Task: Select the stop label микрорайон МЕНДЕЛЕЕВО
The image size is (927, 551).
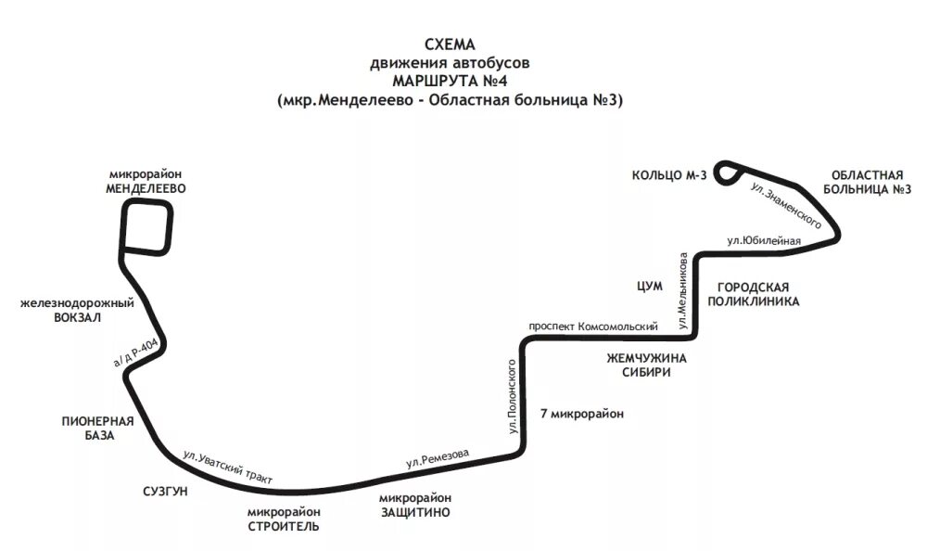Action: pos(146,181)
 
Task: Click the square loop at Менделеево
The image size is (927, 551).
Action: pos(146,228)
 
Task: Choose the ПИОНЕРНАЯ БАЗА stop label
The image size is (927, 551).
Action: pos(98,428)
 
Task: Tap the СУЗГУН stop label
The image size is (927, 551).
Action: pos(165,491)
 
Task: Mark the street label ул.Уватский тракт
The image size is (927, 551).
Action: pos(227,468)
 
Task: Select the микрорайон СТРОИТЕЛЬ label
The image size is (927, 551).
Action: pos(284,519)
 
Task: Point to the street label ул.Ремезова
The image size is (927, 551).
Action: pos(438,457)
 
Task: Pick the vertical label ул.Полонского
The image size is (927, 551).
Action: pos(512,397)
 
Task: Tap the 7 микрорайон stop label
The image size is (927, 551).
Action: pos(581,414)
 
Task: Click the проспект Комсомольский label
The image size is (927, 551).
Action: pos(593,327)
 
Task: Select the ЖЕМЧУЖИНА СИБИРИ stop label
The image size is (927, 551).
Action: pos(646,365)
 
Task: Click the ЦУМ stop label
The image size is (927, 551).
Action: pos(649,287)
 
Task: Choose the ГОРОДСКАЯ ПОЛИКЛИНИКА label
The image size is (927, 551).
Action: pos(753,294)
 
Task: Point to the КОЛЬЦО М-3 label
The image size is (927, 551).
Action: pos(668,174)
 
